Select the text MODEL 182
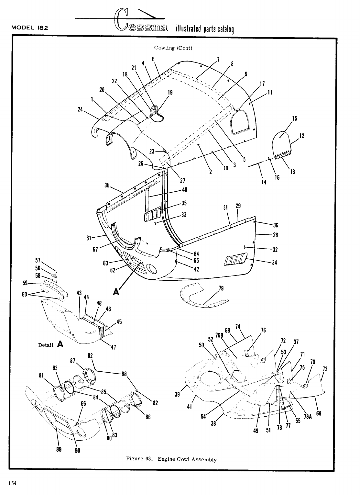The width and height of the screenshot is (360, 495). coord(30,28)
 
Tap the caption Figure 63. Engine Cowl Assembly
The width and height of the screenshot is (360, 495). coord(171,459)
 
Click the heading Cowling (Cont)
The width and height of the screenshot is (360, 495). coord(173,48)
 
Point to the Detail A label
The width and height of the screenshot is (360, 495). coord(50,344)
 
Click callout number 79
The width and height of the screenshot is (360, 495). coord(221,288)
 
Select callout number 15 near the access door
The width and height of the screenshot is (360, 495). coord(294,119)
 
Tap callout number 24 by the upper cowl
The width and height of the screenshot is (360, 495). coord(80,109)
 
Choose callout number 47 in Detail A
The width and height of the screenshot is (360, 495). coord(114,347)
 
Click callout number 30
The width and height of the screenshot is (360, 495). coord(107,186)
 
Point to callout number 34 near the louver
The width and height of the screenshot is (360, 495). coord(274,263)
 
